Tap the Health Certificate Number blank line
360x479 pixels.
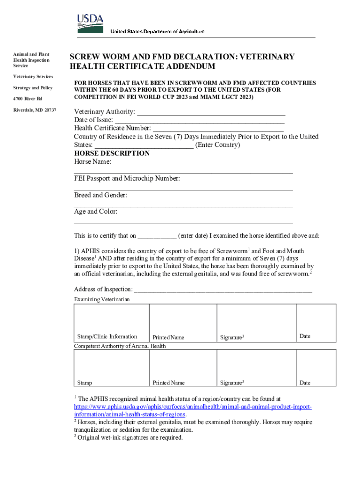[218, 129]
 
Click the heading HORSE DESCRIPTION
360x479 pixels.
[112, 153]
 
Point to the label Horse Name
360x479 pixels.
[93, 162]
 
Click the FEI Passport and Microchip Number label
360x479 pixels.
[127, 179]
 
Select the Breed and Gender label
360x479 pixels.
[101, 195]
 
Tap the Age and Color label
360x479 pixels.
[95, 211]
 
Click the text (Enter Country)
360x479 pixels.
[217, 145]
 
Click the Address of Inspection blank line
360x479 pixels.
[223, 289]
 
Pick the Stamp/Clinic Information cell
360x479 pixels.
[111, 323]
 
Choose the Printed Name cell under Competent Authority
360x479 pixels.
[183, 368]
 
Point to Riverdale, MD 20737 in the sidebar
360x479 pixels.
[35, 110]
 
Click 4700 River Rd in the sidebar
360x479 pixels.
[28, 99]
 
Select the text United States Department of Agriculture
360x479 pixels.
[157, 31]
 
